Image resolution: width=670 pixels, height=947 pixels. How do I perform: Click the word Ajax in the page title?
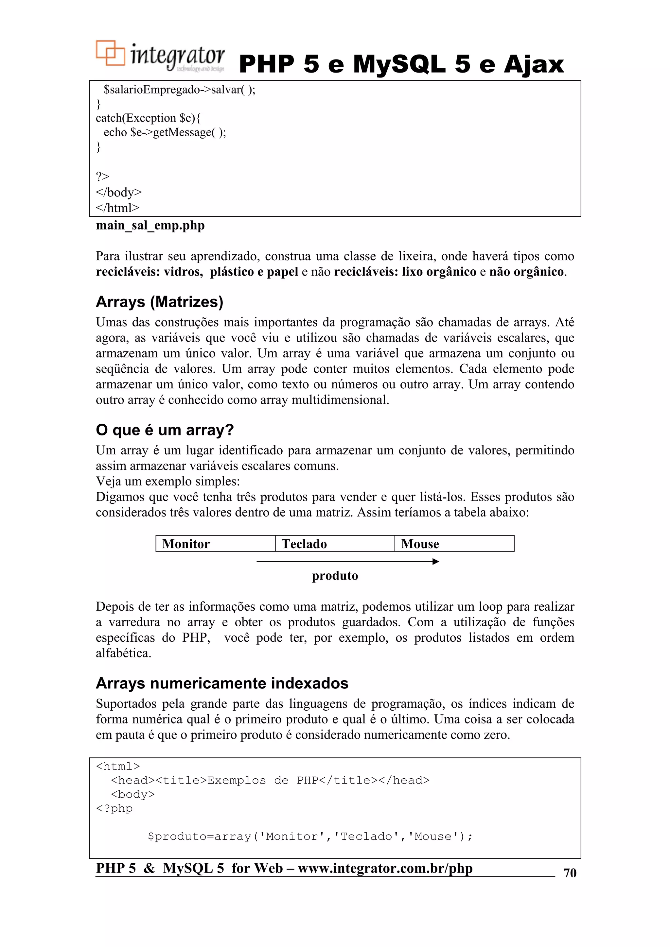[533, 65]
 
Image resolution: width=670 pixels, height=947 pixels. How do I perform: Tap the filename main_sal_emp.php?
[150, 226]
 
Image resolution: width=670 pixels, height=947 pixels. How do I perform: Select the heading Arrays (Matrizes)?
[159, 302]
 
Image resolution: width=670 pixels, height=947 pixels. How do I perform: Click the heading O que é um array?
[165, 430]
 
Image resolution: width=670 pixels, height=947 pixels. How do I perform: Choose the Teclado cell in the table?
[334, 544]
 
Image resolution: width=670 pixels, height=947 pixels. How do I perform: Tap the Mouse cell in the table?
[454, 544]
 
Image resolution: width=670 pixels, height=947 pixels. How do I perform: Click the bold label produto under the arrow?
[335, 576]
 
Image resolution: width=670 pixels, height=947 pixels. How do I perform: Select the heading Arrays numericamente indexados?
[222, 684]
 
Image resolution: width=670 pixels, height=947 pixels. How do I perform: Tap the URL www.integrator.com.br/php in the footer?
[385, 868]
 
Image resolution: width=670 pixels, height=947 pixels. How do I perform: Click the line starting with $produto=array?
[310, 837]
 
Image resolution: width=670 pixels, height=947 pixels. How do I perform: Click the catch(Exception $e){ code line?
[148, 118]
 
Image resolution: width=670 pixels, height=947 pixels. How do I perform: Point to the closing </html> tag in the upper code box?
[118, 208]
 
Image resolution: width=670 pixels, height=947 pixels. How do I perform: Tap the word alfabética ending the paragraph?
[123, 653]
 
